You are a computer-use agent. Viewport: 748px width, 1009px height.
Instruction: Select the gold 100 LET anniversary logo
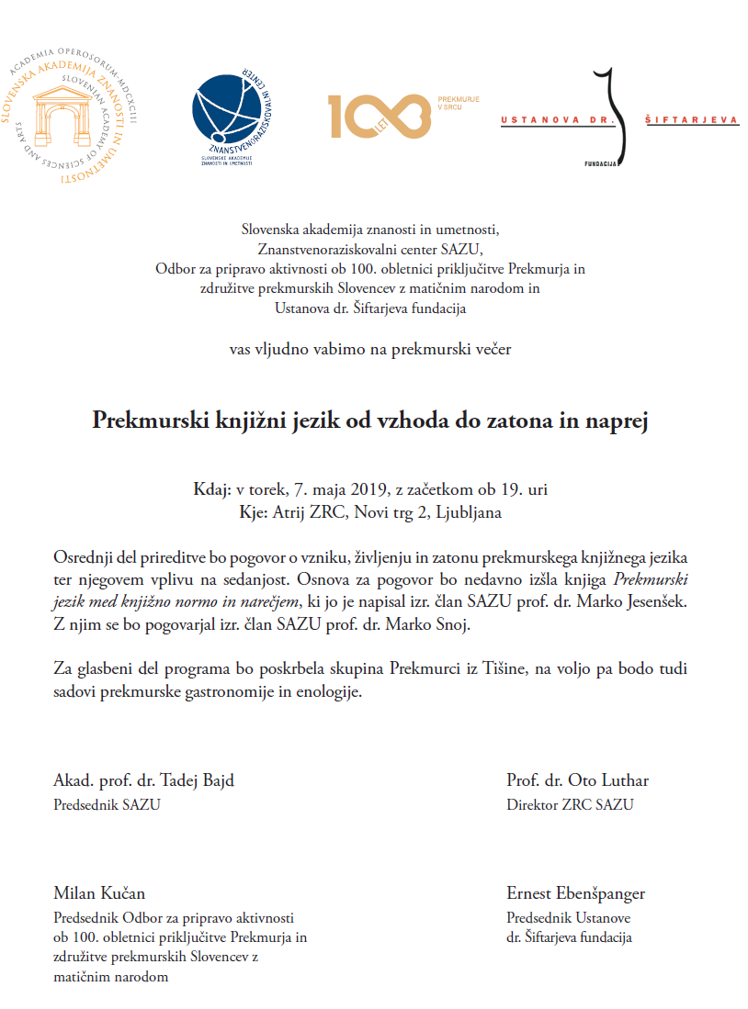(x=379, y=115)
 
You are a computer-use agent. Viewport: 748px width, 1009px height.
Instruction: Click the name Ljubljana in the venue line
(x=469, y=512)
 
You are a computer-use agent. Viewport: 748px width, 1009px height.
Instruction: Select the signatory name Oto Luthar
(x=616, y=781)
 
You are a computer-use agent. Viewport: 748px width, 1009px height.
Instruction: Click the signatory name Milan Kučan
(x=99, y=893)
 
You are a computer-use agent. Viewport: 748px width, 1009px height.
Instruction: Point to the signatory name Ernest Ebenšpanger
(x=575, y=893)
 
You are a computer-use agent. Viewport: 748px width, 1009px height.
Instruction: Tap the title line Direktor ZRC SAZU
(x=569, y=805)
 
